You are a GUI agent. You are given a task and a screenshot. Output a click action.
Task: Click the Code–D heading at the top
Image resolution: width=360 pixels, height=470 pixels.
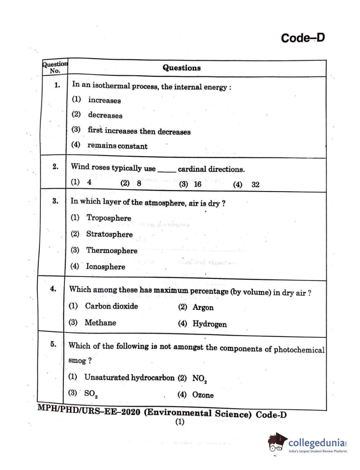[x=303, y=38]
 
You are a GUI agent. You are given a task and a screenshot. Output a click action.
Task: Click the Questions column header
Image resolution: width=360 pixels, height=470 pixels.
[x=181, y=68]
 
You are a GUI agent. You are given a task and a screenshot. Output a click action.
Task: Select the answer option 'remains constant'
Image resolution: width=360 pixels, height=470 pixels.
[x=117, y=146]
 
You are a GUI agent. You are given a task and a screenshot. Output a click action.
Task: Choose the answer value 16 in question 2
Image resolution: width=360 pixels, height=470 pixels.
[x=197, y=184]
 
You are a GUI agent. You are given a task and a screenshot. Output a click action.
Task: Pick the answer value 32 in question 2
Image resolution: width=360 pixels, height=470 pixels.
[x=255, y=185]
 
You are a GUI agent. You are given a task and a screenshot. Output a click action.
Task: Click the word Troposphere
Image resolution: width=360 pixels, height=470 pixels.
[x=109, y=218]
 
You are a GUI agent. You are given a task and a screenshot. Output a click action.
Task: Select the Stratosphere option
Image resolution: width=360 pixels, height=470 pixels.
[x=109, y=234]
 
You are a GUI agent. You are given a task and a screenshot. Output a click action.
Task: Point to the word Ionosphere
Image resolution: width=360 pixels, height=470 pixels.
[x=106, y=267]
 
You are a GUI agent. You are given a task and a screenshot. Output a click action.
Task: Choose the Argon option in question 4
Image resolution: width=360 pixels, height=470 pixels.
[x=203, y=308]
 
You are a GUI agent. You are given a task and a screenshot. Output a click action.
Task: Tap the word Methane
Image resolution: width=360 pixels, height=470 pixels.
[x=100, y=323]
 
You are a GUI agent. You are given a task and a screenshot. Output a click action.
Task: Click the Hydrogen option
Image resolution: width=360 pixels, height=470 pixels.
[x=209, y=324]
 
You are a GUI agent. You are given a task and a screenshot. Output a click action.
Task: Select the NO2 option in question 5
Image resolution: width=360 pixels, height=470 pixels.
[x=199, y=378]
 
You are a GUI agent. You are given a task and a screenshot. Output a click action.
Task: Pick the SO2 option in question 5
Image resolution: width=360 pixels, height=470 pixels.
[x=91, y=393]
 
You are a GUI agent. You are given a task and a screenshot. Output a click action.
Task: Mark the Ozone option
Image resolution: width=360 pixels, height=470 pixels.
[x=203, y=395]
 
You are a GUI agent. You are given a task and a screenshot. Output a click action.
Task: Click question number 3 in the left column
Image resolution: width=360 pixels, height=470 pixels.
[x=55, y=201]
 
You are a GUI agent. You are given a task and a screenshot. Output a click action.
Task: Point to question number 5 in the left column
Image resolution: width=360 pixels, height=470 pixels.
[x=53, y=344]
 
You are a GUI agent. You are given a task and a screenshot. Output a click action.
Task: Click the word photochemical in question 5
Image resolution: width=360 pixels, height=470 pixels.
[x=299, y=350]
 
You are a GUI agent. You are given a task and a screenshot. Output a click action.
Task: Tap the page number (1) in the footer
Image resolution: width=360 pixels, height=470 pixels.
[x=180, y=422]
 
